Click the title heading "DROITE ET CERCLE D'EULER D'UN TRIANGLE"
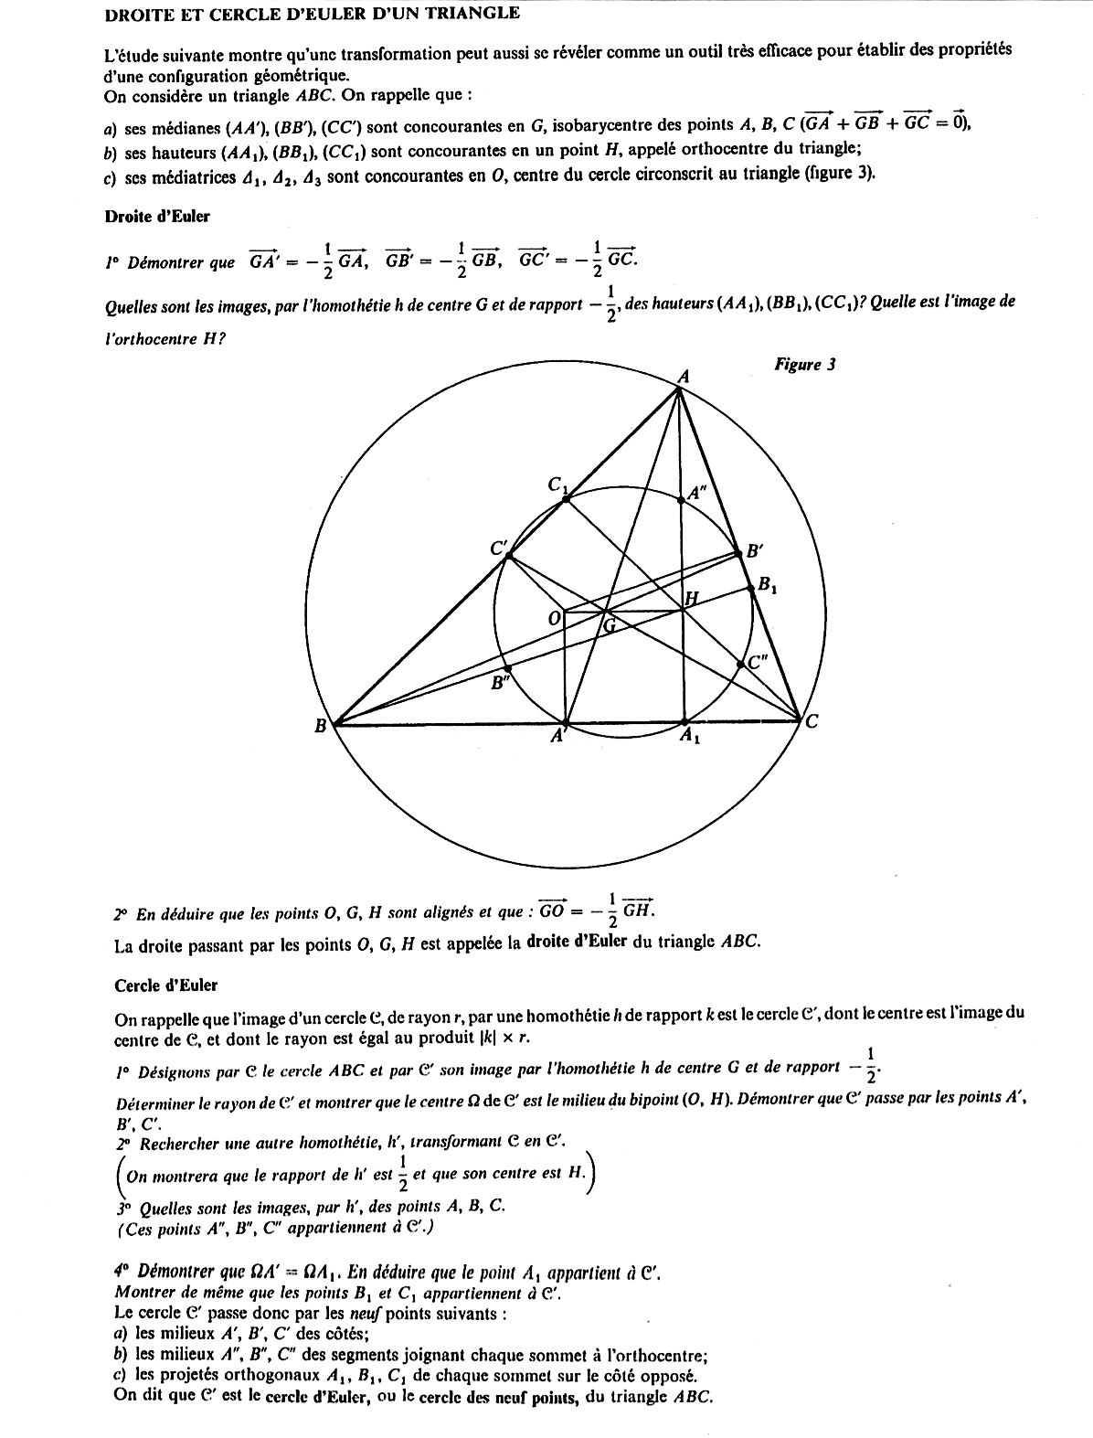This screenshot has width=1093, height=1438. pyautogui.click(x=312, y=14)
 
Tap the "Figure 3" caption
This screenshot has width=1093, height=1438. pyautogui.click(x=804, y=365)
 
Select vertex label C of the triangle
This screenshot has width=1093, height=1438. pyautogui.click(x=811, y=722)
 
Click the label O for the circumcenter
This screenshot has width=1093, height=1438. pyautogui.click(x=553, y=619)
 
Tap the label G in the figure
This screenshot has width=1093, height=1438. pyautogui.click(x=610, y=626)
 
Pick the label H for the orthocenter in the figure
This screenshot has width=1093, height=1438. pyautogui.click(x=692, y=598)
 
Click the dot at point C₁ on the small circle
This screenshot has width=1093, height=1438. pyautogui.click(x=566, y=499)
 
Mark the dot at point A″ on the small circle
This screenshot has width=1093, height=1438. pyautogui.click(x=682, y=500)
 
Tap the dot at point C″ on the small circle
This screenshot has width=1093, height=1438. pyautogui.click(x=740, y=666)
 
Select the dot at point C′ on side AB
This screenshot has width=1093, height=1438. pyautogui.click(x=509, y=556)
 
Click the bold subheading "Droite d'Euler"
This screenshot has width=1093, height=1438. pyautogui.click(x=157, y=217)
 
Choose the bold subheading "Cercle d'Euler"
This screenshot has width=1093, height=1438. pyautogui.click(x=166, y=985)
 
